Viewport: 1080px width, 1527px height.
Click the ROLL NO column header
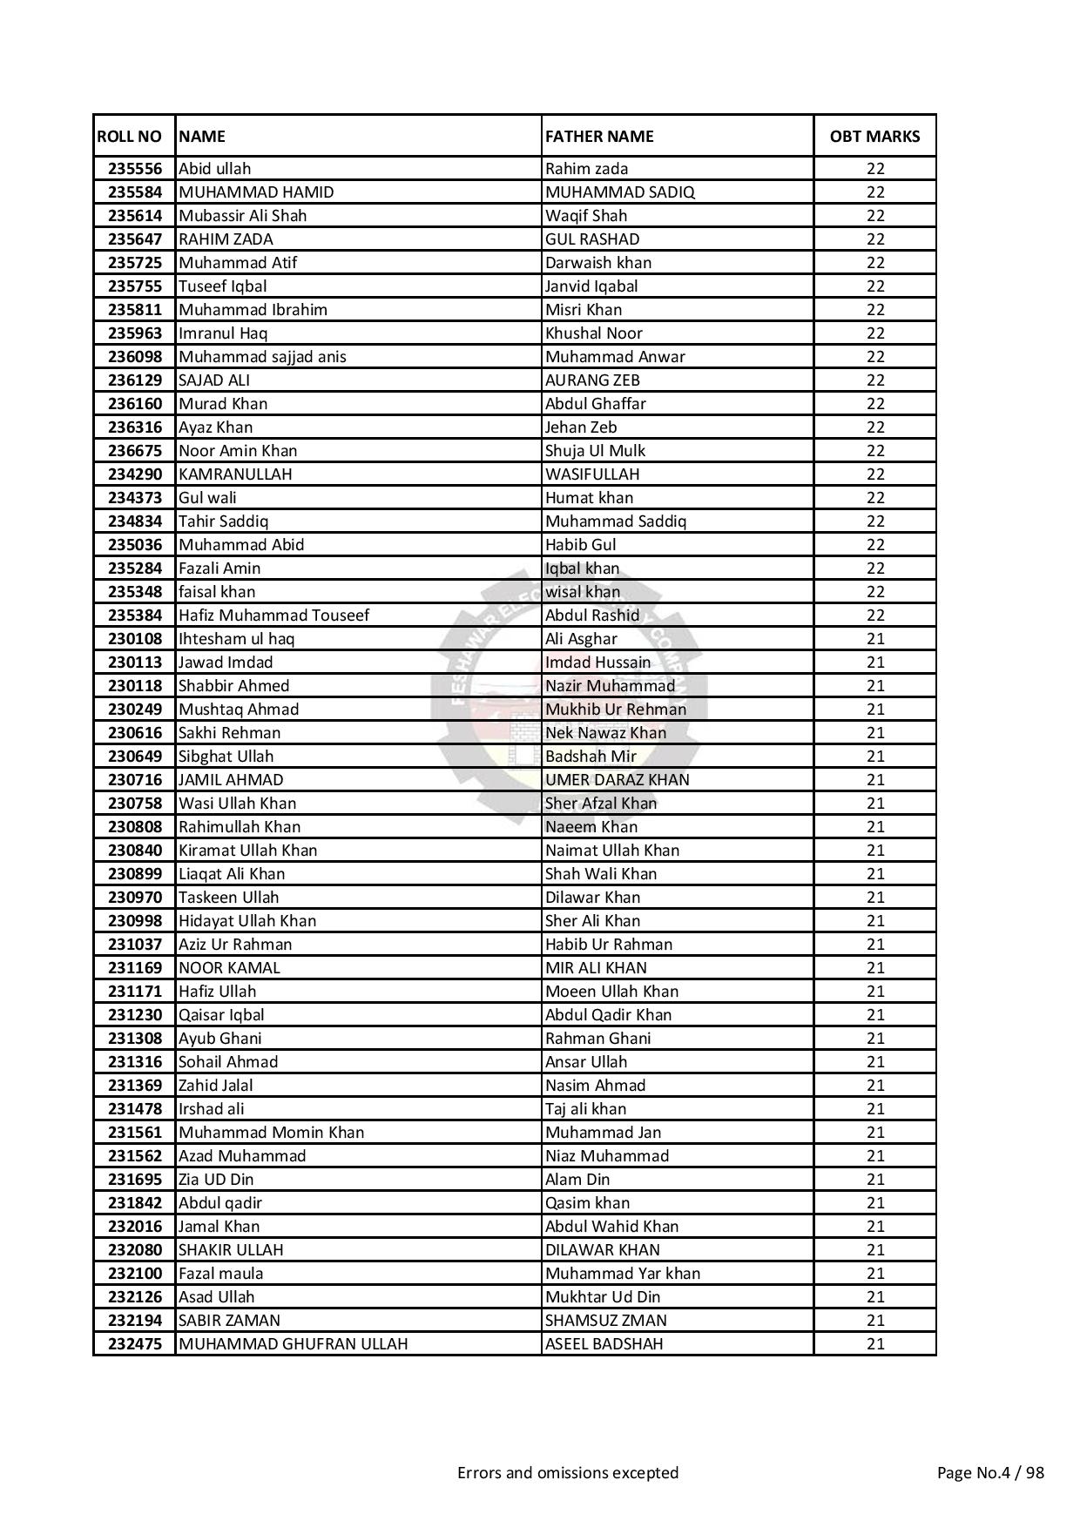(129, 136)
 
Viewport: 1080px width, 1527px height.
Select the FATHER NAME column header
(599, 136)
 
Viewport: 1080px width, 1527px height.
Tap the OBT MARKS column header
(874, 136)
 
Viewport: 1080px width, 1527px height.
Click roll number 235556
(135, 169)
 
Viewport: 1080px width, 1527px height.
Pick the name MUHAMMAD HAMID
(256, 192)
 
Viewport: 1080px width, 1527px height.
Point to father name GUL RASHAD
(592, 239)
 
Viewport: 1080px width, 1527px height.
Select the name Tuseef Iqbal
(223, 286)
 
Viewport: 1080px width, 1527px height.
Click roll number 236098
(135, 357)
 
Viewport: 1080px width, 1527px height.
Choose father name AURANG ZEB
(592, 380)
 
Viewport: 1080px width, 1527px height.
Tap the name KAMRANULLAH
(235, 474)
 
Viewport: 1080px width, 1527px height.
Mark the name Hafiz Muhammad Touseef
(273, 616)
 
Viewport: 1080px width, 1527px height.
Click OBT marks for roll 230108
(875, 639)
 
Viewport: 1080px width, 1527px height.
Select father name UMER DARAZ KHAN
(618, 780)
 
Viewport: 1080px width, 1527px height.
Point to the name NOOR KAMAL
(229, 968)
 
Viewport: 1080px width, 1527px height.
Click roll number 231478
(135, 1109)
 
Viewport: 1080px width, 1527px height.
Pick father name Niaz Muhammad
(607, 1156)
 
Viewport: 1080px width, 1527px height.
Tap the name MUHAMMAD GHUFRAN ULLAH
(293, 1344)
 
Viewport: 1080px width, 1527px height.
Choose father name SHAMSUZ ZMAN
(606, 1321)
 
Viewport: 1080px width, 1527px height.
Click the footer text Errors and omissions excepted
(568, 1473)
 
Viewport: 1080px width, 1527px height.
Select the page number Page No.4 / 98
(990, 1473)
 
